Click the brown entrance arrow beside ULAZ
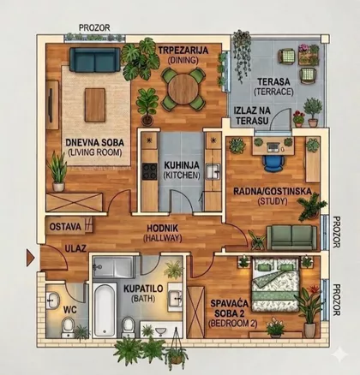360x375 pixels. click(x=30, y=258)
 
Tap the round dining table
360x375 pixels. click(x=183, y=88)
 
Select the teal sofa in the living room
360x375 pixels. click(x=95, y=60)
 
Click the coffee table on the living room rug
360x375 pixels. click(x=95, y=104)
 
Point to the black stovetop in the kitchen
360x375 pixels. click(x=150, y=171)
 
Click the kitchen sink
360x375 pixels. click(x=213, y=171)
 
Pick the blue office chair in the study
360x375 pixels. click(x=273, y=163)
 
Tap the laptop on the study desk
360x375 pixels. click(x=273, y=147)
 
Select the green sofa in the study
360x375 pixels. click(x=291, y=237)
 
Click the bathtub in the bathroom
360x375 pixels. click(x=105, y=310)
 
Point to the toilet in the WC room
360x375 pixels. click(x=69, y=327)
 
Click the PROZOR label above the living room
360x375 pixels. click(x=94, y=27)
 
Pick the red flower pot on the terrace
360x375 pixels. click(x=299, y=119)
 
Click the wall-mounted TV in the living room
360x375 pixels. click(x=51, y=105)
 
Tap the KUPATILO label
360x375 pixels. click(x=143, y=289)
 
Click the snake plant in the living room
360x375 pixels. click(x=58, y=171)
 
